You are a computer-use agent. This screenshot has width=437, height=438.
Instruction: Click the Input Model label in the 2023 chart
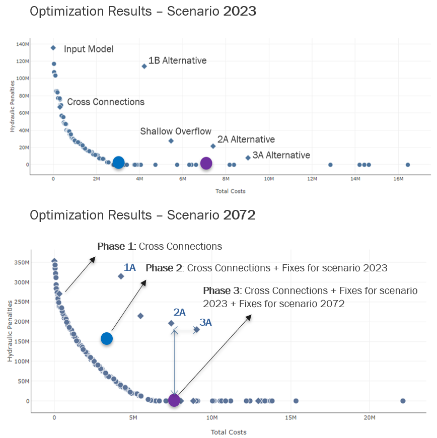(89, 49)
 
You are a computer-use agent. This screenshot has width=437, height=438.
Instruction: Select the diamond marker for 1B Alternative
(144, 66)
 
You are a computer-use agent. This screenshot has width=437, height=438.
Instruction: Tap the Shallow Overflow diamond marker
(171, 141)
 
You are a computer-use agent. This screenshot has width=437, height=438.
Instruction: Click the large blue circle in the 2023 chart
(118, 162)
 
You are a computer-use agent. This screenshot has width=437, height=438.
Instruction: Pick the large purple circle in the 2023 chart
(206, 163)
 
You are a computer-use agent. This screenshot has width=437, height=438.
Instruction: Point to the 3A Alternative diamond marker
(248, 158)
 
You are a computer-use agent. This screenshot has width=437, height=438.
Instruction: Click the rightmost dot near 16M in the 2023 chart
(408, 165)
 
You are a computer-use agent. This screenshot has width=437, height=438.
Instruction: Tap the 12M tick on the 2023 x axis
(312, 179)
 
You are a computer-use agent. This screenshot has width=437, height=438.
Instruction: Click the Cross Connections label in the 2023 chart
(106, 102)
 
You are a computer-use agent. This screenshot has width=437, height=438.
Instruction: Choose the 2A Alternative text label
(246, 139)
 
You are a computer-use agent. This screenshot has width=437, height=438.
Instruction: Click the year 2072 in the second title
(239, 215)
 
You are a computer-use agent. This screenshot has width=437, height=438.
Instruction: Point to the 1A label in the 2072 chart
(130, 268)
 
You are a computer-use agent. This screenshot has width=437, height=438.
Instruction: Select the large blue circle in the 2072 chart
(106, 339)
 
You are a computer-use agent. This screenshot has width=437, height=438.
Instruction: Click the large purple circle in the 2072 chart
(174, 400)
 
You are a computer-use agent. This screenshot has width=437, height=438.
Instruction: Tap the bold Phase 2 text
(165, 268)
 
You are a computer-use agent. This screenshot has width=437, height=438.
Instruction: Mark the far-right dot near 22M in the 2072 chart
(403, 401)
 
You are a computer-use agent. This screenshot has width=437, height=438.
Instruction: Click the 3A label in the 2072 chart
(205, 323)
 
